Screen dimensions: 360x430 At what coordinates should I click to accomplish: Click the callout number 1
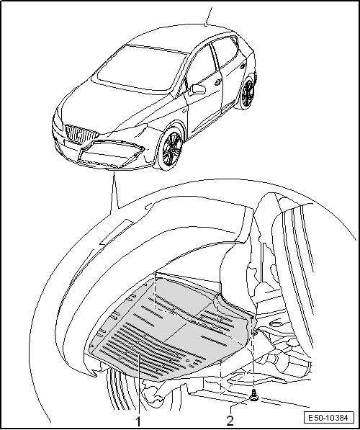[x=138, y=421]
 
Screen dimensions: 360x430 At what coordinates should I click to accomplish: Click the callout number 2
[x=230, y=421]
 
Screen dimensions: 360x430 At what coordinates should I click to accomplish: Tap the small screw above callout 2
[x=253, y=395]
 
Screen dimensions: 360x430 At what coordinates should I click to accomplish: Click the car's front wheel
[x=170, y=148]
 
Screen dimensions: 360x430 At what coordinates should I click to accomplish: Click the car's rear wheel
[x=248, y=93]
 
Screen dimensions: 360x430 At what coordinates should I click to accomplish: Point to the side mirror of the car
[x=198, y=89]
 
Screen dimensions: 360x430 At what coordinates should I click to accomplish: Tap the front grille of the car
[x=81, y=133]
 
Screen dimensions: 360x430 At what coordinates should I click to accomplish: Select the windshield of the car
[x=141, y=68]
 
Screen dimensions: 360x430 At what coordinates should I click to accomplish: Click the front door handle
[x=218, y=81]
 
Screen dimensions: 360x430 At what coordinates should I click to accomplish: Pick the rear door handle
[x=243, y=66]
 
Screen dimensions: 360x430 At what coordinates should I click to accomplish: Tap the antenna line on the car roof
[x=208, y=16]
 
